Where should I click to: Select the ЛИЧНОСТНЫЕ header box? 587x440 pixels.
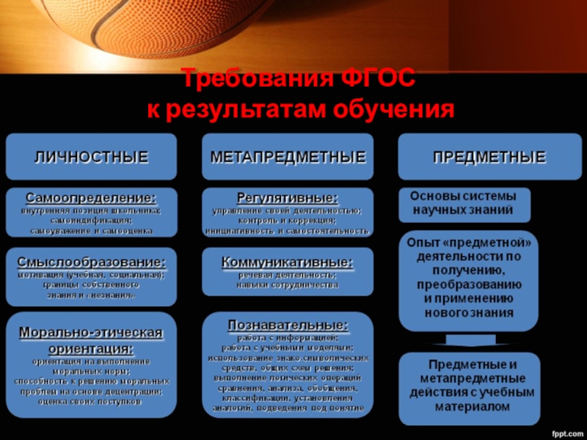tap(92, 156)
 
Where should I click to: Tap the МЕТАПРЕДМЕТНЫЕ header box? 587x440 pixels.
tap(288, 156)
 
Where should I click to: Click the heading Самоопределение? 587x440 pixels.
tap(92, 199)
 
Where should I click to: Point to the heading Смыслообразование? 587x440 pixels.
tap(92, 261)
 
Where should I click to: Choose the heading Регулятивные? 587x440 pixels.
tap(288, 198)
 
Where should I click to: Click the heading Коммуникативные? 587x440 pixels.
tap(288, 261)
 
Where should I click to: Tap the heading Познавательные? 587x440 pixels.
tap(288, 323)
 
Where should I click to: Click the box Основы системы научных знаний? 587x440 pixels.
tap(463, 204)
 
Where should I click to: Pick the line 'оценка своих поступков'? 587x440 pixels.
tap(92, 401)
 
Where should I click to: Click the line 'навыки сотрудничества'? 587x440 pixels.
tap(288, 285)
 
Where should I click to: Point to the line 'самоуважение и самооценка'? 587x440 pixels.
tap(92, 230)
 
